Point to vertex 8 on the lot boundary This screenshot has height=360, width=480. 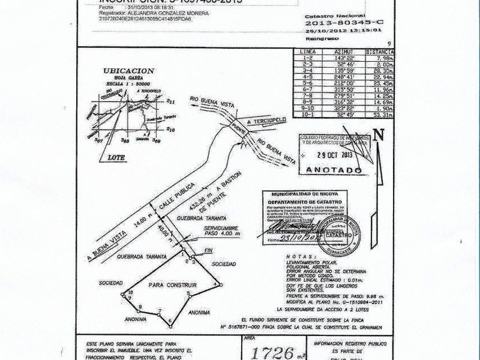point(140,307)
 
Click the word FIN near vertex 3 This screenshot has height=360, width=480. point(209,250)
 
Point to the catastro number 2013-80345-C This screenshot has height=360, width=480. point(340,24)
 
